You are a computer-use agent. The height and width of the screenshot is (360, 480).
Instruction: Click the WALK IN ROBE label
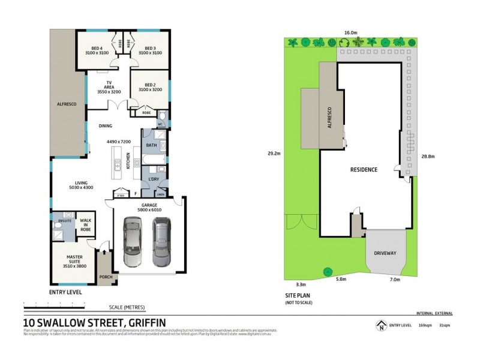[x=86, y=223]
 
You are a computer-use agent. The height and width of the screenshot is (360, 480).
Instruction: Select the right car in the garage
[x=161, y=241]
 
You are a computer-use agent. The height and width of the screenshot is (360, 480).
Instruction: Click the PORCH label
[x=106, y=277]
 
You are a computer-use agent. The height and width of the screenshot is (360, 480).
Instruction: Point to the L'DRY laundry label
[x=153, y=179]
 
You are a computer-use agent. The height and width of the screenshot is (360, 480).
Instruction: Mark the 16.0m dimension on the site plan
[x=351, y=33]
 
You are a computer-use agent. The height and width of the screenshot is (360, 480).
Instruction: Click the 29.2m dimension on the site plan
[x=275, y=154]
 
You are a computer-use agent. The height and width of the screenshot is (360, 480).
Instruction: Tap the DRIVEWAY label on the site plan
[x=385, y=253]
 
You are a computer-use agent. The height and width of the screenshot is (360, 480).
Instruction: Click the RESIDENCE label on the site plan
[x=364, y=170]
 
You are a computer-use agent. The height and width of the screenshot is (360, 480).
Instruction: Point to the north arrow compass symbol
[x=379, y=326]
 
